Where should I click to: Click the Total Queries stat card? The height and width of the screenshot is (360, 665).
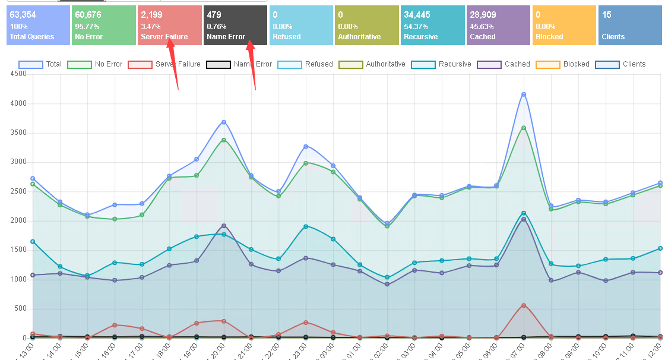[x=37, y=26]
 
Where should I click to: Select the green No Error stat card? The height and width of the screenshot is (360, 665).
[x=103, y=26]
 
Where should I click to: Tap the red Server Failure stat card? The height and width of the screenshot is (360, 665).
[x=169, y=26]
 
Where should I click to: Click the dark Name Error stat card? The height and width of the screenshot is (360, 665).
[x=235, y=26]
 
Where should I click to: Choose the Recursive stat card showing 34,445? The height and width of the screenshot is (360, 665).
[x=432, y=26]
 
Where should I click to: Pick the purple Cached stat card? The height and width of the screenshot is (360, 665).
[x=498, y=26]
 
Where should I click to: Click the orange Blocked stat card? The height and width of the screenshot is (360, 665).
[x=564, y=26]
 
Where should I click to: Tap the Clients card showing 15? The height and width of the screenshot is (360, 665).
[x=629, y=26]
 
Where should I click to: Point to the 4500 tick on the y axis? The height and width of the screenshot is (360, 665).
[x=18, y=74]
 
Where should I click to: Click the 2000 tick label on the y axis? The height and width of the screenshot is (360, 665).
[x=18, y=220]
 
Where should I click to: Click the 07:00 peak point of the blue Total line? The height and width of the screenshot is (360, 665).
[x=524, y=94]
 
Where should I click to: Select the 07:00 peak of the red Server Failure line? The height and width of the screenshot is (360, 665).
[x=524, y=305]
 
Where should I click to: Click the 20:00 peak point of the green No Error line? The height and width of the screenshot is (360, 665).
[x=224, y=140]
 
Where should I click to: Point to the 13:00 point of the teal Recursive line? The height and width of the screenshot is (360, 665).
[x=33, y=242]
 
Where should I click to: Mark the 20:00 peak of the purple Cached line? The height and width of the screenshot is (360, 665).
[x=224, y=226]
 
